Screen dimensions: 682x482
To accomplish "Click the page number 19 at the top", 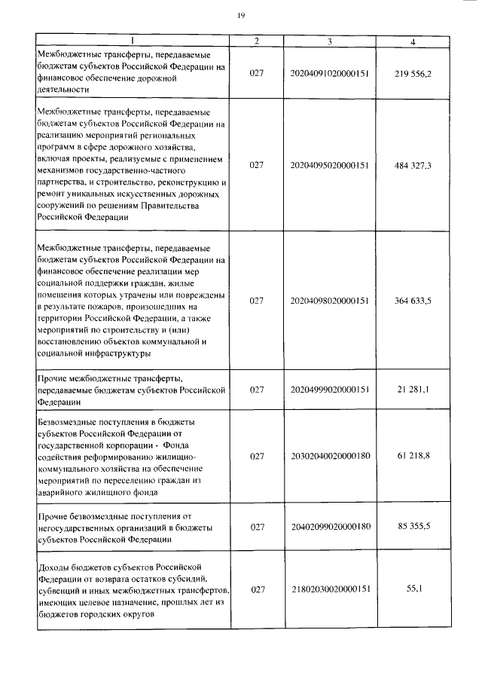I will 242,15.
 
